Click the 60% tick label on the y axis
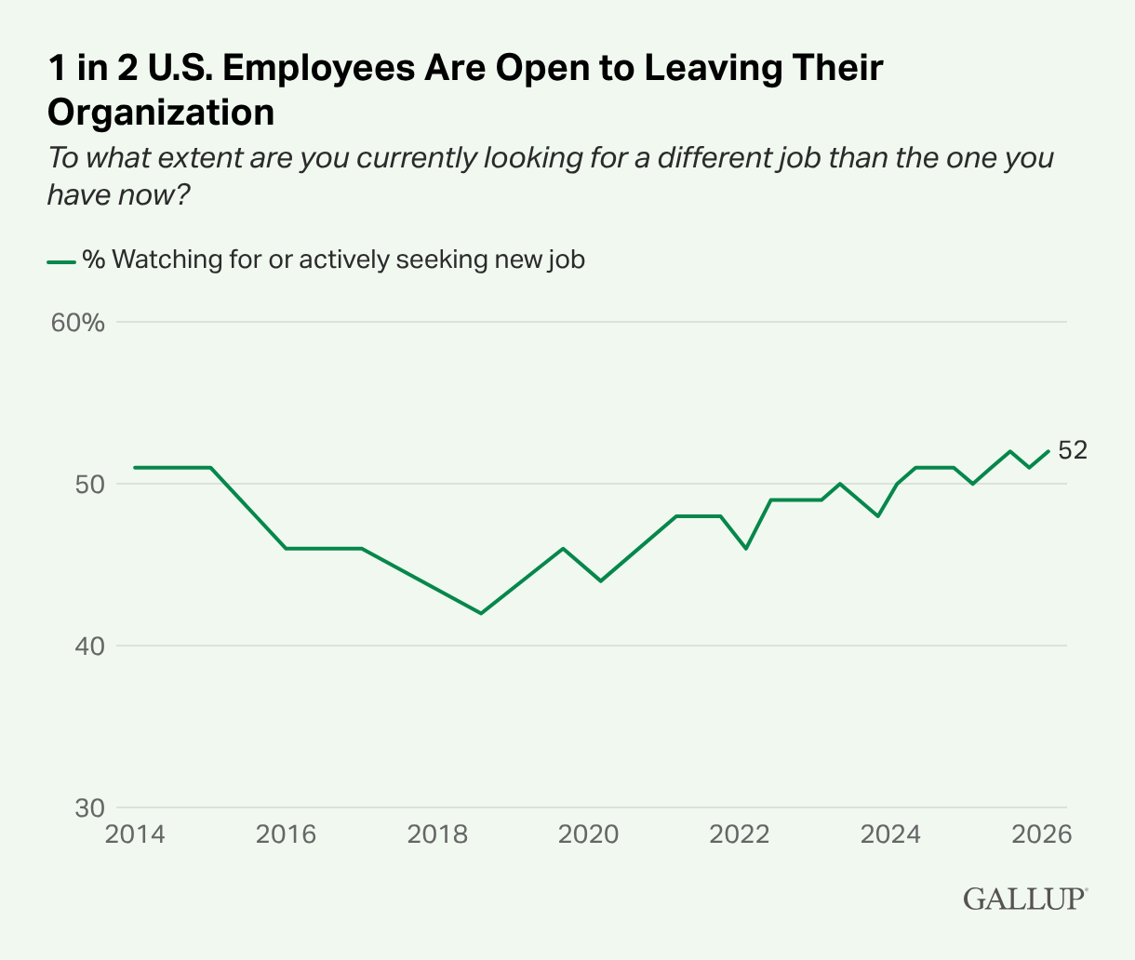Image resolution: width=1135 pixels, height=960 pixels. point(77,323)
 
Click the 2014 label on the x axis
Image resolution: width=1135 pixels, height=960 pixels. point(135,833)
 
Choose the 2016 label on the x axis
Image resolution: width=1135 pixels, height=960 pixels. point(286,833)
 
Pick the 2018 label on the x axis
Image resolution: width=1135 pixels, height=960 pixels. point(437,833)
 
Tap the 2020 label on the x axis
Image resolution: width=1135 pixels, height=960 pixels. point(588,833)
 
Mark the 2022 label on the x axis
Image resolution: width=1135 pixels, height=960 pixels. point(740,833)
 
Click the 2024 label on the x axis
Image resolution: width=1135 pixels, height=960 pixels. point(890,833)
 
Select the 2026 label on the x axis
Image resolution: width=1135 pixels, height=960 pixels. point(1041,833)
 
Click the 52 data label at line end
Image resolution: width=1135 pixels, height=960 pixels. point(1073,450)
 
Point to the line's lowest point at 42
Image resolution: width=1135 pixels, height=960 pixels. point(481,613)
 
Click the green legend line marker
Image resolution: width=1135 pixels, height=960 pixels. point(61,260)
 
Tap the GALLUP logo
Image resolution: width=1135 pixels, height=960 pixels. point(1024,900)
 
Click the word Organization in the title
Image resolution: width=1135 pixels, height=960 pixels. point(161,112)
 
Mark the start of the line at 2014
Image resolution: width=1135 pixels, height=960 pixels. point(135,467)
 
